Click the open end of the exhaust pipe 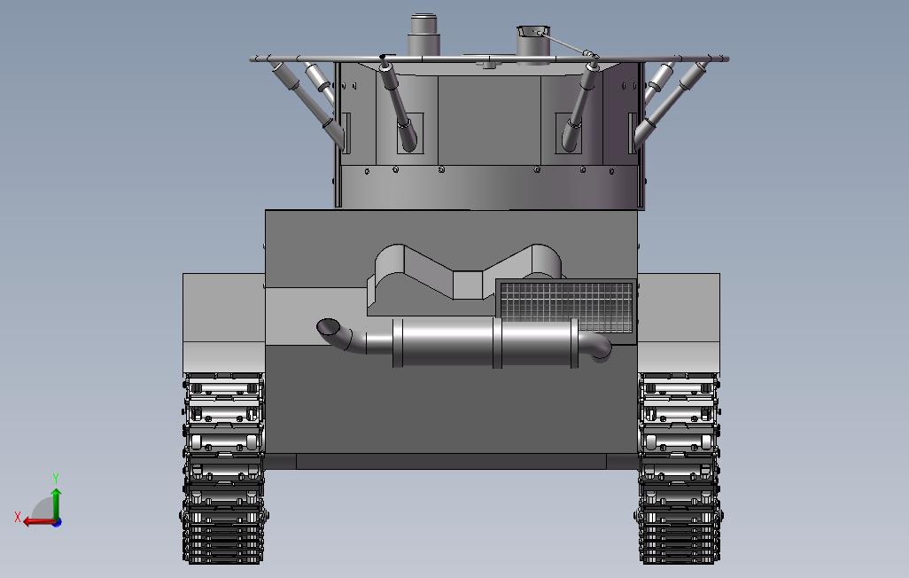coord(327,327)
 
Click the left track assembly coord(225,470)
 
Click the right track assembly coord(680,470)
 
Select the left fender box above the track coord(223,319)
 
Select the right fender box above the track coord(679,319)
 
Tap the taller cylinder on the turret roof coord(423,36)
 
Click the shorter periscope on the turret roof coord(534,43)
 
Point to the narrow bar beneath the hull coord(452,461)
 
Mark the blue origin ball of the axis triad coord(56,522)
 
